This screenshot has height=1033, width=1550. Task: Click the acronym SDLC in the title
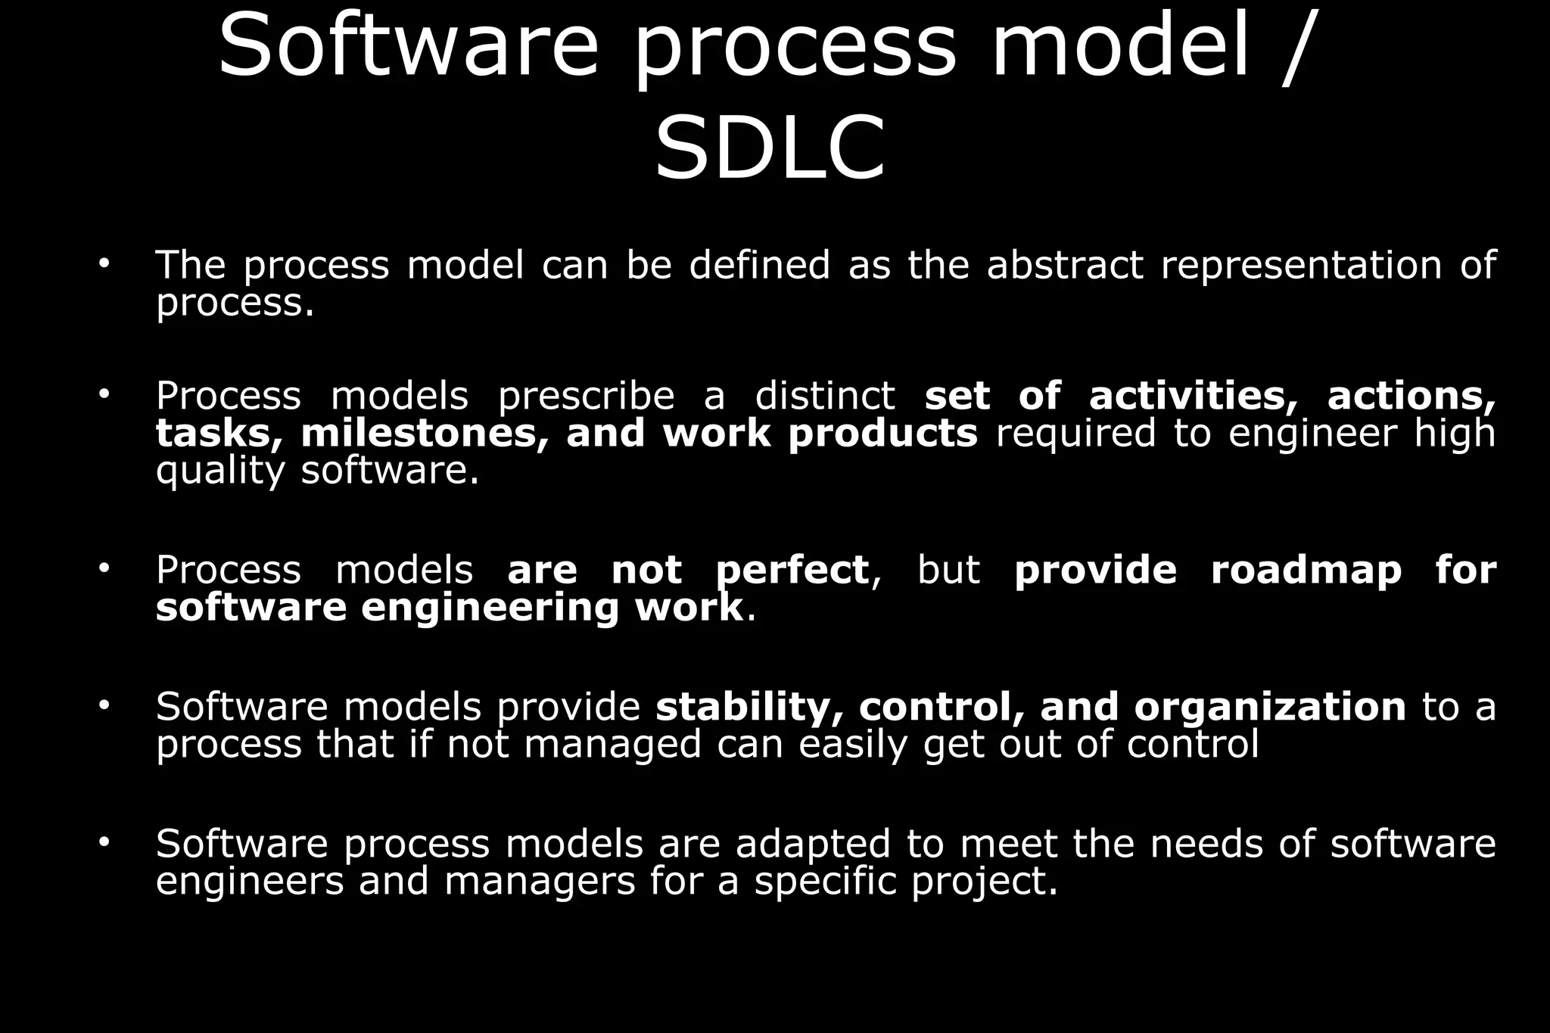769,149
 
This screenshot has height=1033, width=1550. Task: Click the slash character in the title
1295,47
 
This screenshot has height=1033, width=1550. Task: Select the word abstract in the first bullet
1064,266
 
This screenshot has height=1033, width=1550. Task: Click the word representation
1301,266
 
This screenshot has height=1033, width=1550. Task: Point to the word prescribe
586,396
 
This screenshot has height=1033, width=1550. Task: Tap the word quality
219,471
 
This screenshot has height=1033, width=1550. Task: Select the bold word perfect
792,571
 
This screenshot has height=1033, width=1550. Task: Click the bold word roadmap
1306,571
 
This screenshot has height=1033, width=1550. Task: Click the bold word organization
1270,707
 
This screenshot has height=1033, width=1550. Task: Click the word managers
539,882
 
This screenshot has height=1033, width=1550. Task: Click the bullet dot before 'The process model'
104,264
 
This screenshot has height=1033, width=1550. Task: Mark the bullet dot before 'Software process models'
104,842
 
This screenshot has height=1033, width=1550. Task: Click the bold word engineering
490,608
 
